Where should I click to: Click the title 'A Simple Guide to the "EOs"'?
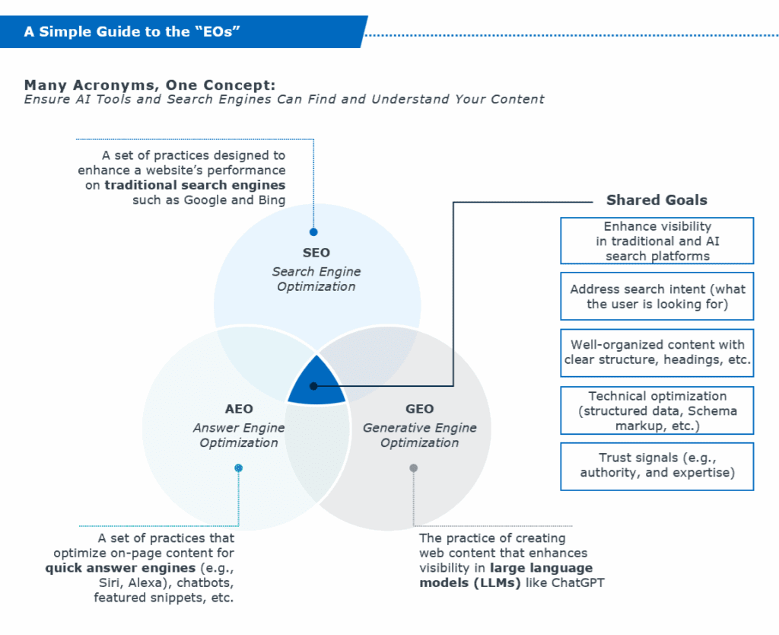point(133,32)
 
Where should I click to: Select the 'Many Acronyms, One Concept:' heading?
point(149,85)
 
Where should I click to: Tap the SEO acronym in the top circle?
point(316,253)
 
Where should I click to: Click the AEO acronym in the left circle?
point(239,409)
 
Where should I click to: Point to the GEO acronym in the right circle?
point(420,409)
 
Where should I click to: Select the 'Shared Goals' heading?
point(657,200)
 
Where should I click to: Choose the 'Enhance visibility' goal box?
point(657,241)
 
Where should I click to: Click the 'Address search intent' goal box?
point(657,296)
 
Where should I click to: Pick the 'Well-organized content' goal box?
point(657,352)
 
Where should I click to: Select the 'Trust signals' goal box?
point(657,465)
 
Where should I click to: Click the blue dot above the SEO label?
point(313,232)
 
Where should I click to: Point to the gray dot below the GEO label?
point(413,468)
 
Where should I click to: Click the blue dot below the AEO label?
point(238,468)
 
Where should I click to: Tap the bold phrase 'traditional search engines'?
point(195,185)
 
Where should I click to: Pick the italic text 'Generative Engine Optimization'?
point(420,435)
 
